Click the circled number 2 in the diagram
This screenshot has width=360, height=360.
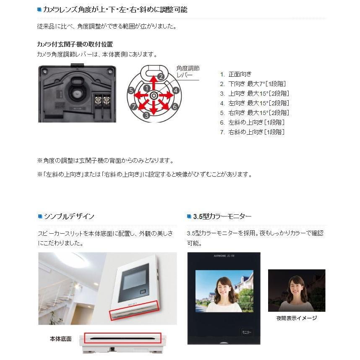[160, 77]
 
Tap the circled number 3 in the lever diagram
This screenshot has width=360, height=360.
[146, 115]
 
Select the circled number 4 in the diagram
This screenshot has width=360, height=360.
[176, 90]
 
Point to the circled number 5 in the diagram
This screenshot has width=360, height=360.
[131, 90]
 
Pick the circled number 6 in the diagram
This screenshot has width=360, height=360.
[175, 107]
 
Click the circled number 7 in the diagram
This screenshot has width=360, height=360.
[133, 107]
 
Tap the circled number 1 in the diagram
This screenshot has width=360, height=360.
[146, 88]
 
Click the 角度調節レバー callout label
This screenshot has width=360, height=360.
[188, 71]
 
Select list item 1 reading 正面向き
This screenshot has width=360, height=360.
[235, 74]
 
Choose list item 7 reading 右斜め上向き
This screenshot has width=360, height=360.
[252, 132]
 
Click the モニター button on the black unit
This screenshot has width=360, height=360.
[246, 332]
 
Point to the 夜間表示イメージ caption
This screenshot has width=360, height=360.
[297, 318]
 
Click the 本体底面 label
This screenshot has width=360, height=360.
[60, 339]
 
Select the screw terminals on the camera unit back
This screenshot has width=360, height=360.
[103, 101]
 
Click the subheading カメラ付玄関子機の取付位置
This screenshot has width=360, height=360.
[75, 44]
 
